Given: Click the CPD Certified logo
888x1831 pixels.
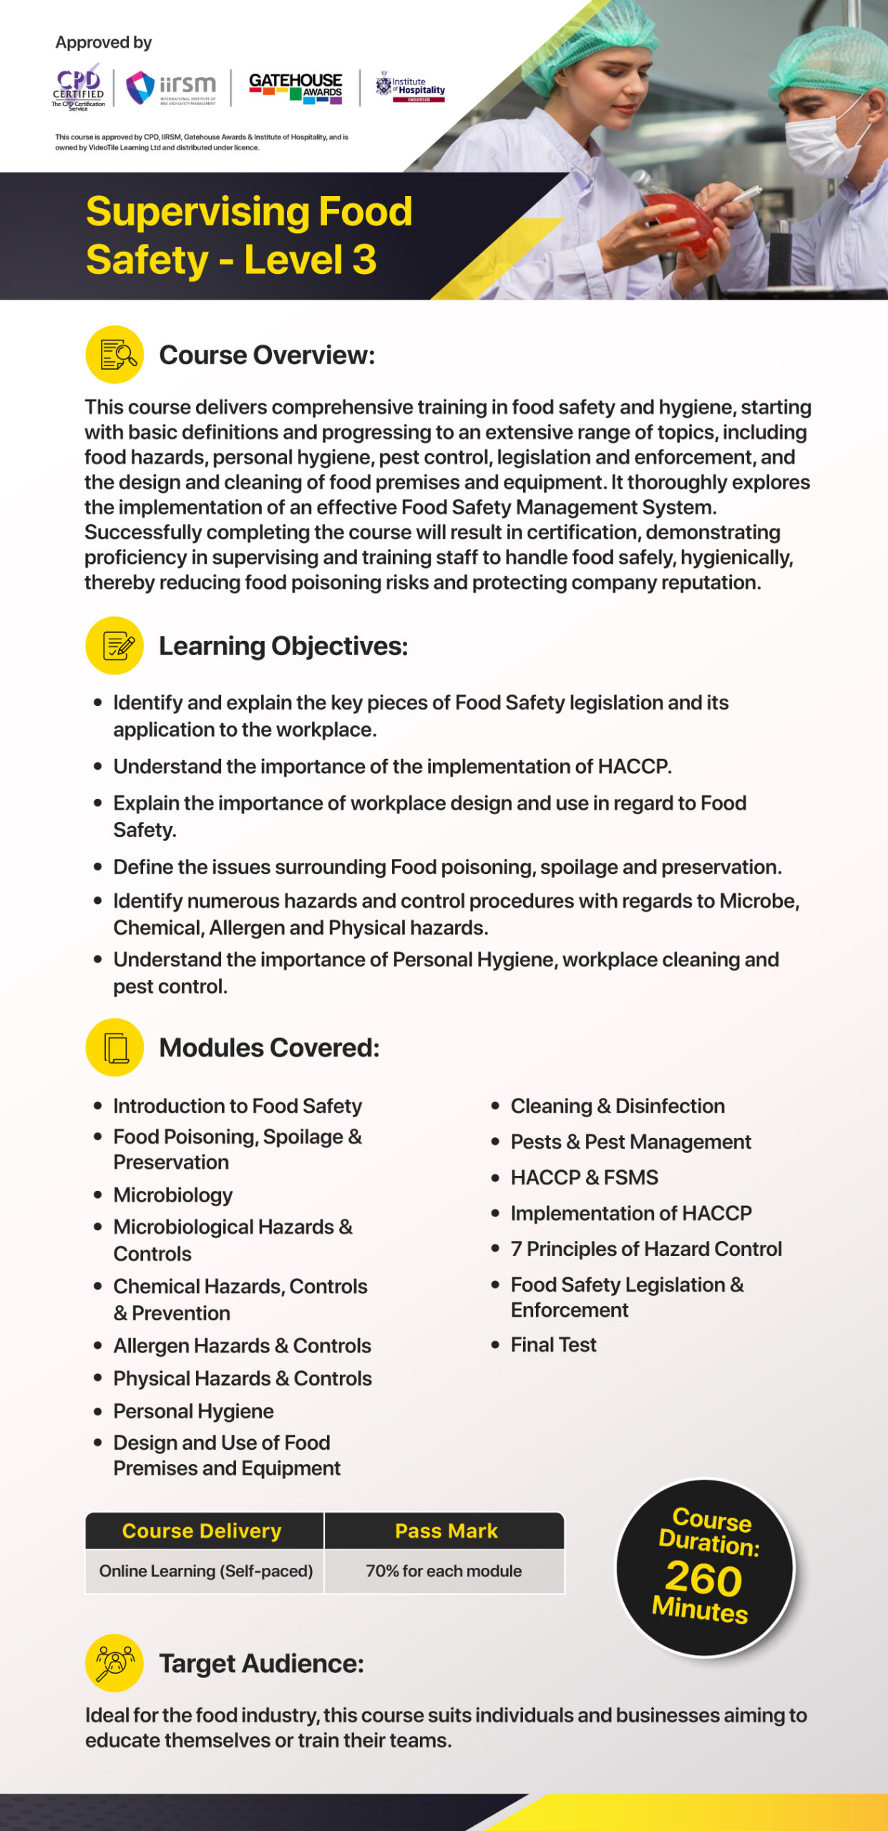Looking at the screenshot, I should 78,89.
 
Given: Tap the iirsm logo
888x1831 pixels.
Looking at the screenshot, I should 171,88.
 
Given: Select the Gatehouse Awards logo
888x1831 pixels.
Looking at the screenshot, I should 295,88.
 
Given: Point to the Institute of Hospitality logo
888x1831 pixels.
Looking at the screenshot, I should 411,87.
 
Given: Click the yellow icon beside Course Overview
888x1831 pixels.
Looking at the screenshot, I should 114,355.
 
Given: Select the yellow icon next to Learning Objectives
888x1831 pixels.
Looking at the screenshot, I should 114,645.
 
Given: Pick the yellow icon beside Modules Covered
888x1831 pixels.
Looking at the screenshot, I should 114,1047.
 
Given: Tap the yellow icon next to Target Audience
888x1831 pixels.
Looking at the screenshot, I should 114,1663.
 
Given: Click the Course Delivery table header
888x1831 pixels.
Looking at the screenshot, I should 203,1531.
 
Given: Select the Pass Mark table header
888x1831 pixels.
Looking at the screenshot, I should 445,1531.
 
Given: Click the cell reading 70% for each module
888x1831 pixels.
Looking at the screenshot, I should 444,1571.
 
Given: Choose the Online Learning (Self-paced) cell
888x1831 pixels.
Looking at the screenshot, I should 205,1571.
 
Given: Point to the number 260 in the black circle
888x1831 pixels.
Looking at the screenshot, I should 703,1579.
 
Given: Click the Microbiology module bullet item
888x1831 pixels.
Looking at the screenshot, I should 172,1194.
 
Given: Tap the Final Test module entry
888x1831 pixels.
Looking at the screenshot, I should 553,1345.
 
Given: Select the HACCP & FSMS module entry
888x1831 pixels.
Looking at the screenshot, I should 584,1177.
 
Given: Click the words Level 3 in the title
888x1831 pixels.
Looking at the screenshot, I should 310,259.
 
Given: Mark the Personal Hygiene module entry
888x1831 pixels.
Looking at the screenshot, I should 193,1410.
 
